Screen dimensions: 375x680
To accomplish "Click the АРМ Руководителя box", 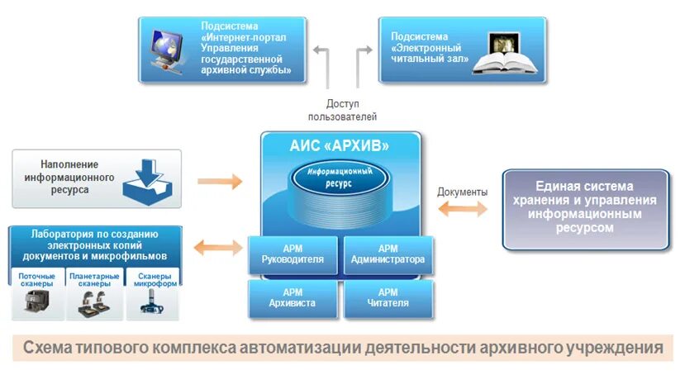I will pos(293,254).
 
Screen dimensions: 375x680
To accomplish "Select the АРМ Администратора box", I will pos(388,254).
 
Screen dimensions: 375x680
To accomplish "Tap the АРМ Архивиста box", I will pos(293,298).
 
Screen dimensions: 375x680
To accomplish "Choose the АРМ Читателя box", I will pos(388,298).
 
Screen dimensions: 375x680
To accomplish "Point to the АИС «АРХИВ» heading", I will pos(340,146).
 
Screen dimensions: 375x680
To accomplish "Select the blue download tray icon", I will pos(150,181).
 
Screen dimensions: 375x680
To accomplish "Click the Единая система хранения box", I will pos(585,208).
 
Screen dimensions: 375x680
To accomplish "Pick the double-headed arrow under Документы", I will pos(462,209).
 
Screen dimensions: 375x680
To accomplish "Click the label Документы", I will pos(462,192).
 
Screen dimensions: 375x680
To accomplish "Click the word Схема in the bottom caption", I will pos(51,347).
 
